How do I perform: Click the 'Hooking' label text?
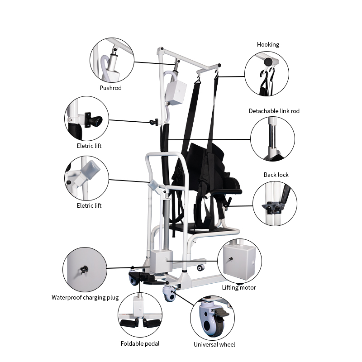(268, 44)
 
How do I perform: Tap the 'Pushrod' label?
(111, 88)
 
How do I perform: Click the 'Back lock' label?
(276, 175)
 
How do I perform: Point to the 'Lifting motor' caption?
(239, 287)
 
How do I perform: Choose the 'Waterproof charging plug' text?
(85, 297)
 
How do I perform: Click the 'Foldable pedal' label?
(140, 343)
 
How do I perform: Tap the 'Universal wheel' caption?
(214, 344)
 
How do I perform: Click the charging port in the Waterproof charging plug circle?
(83, 269)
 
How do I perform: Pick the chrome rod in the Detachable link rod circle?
(272, 136)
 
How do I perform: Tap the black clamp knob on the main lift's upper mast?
(155, 122)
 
